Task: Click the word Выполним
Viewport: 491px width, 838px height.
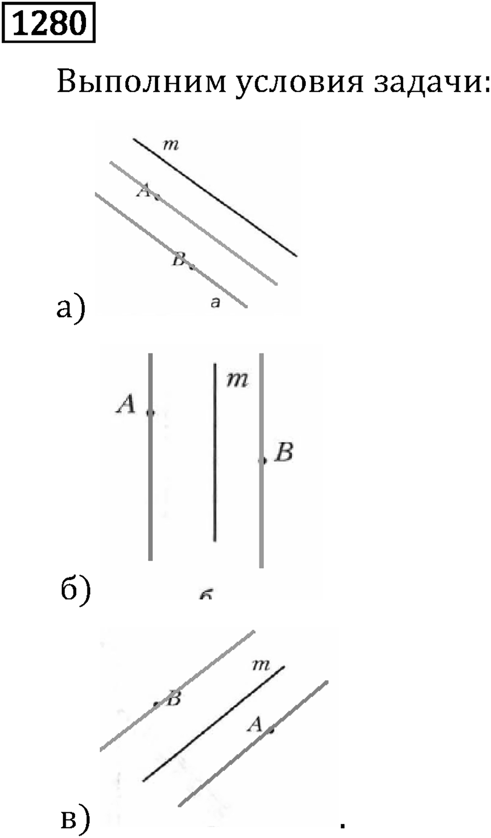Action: point(142,82)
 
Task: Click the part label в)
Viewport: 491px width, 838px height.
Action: point(75,818)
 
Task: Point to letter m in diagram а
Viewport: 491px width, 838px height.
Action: point(171,144)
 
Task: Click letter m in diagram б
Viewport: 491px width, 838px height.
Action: point(238,380)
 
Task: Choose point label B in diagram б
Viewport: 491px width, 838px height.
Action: point(283,452)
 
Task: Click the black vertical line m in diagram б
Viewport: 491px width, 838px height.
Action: point(215,452)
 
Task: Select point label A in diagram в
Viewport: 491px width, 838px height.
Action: point(256,724)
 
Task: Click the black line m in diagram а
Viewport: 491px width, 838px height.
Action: point(215,197)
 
